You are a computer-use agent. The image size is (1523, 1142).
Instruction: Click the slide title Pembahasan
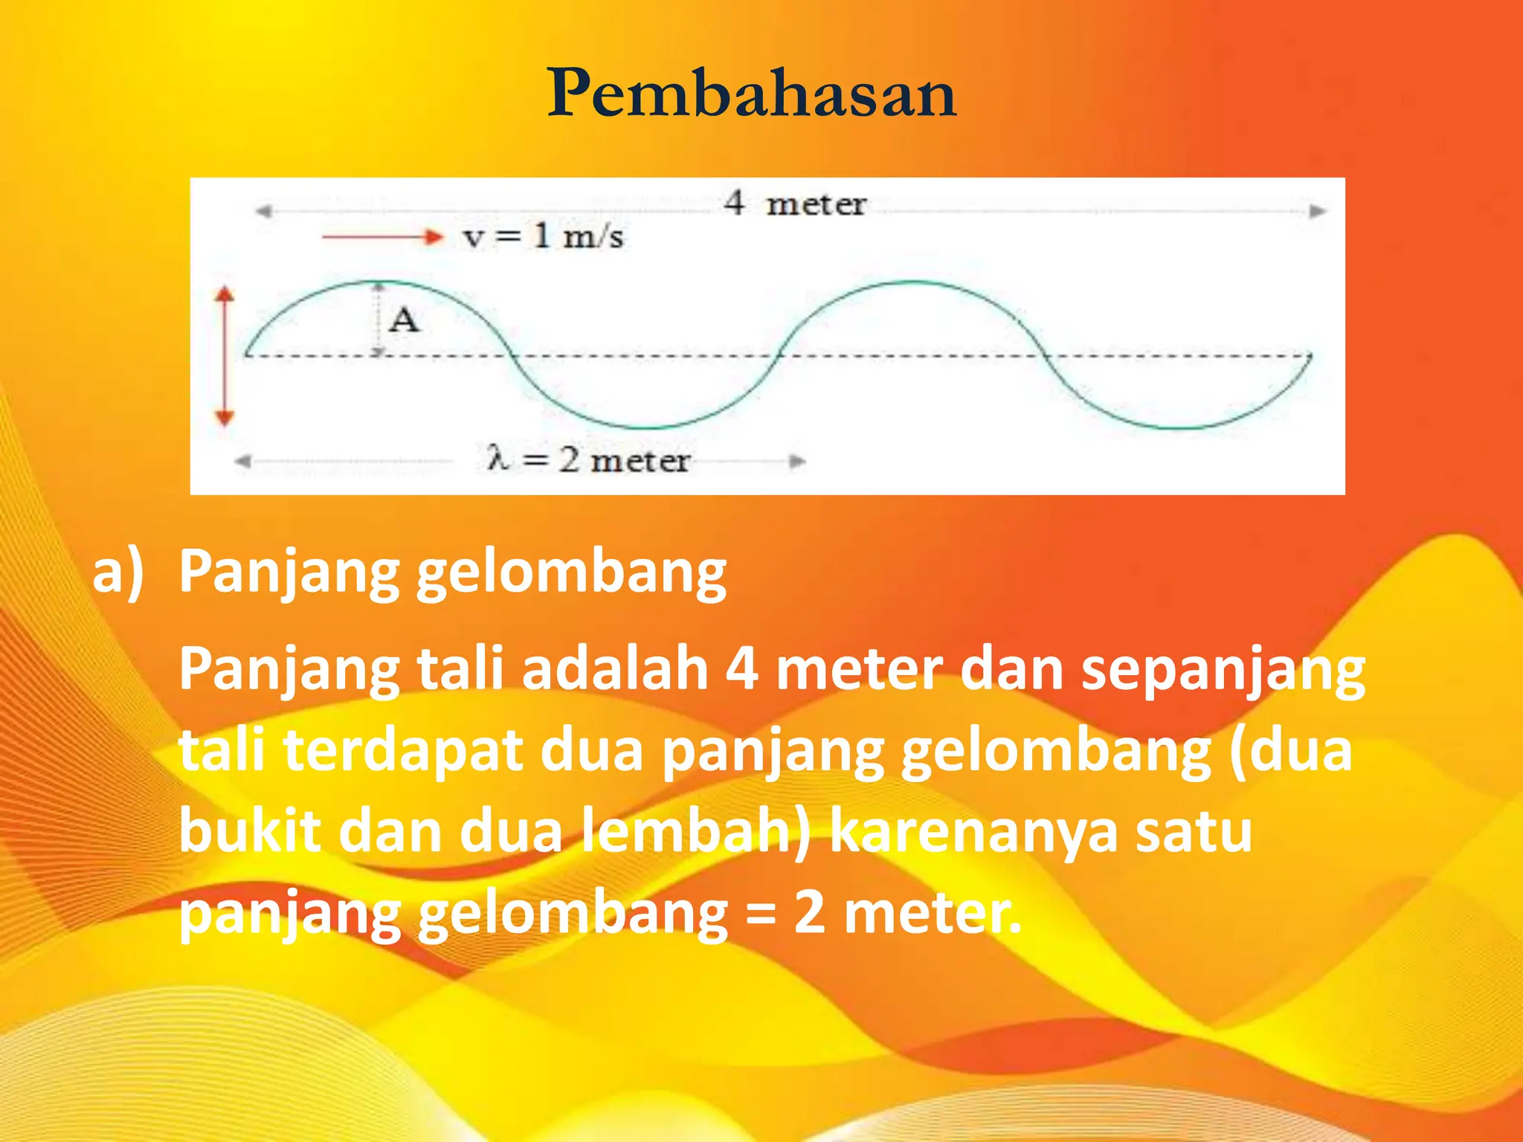click(752, 94)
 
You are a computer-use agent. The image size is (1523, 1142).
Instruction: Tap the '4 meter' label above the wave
click(794, 203)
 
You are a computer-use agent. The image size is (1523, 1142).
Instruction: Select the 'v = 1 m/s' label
click(543, 237)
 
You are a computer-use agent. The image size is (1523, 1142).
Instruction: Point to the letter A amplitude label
click(404, 320)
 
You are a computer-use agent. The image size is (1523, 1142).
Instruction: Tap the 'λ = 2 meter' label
click(588, 460)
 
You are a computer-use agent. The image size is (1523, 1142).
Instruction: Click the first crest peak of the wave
click(379, 283)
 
